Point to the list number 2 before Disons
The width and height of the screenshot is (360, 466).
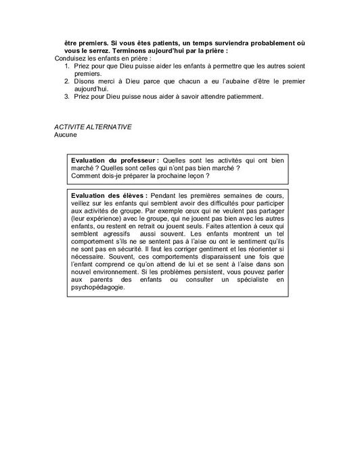coord(58,81)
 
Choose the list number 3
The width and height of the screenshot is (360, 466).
coord(58,97)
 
